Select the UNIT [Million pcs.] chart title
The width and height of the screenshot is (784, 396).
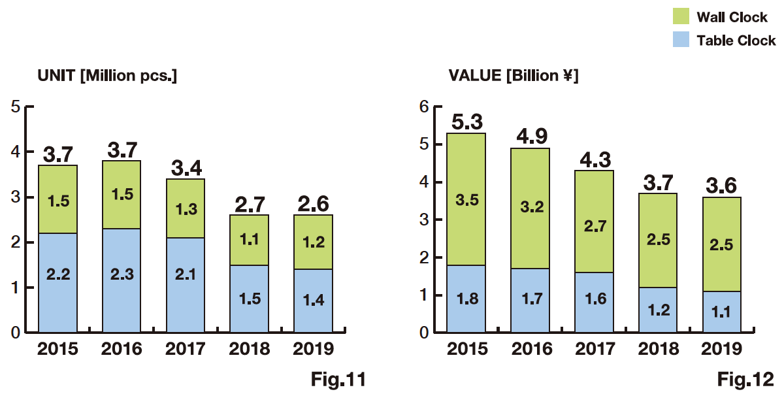pos(108,76)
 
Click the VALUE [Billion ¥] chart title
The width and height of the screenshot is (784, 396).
pos(510,76)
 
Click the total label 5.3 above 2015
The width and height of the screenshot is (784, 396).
pos(466,122)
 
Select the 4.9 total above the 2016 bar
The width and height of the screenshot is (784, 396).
pos(530,136)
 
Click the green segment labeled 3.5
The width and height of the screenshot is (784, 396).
pos(466,199)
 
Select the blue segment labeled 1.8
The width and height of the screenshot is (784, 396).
pos(466,299)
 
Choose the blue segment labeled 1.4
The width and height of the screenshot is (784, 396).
pos(313,301)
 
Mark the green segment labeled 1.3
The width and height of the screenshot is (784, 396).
pos(186,208)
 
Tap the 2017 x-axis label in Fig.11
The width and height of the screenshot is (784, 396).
pos(186,349)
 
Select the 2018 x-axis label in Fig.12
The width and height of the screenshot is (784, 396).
pos(658,349)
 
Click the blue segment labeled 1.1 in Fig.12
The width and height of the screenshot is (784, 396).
pos(721,312)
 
